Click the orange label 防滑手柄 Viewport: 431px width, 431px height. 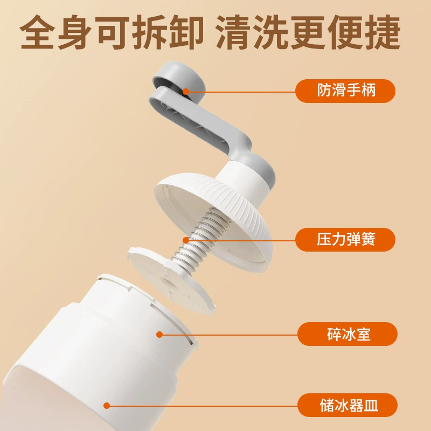point(345,91)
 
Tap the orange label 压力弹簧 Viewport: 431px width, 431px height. point(345,239)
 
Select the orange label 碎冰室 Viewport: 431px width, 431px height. point(347,334)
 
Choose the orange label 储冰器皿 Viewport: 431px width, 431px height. point(347,405)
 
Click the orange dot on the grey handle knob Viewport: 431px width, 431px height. point(186,92)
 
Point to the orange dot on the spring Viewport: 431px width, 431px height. point(186,240)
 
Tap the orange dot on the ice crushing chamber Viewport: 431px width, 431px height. point(159,335)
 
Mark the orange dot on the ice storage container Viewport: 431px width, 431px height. point(107,406)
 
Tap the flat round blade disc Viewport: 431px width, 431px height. point(171,280)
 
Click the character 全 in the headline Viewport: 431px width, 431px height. point(37,32)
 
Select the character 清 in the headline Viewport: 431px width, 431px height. point(233,32)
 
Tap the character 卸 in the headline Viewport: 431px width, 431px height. point(186,32)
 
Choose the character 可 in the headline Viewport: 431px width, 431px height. point(112,32)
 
